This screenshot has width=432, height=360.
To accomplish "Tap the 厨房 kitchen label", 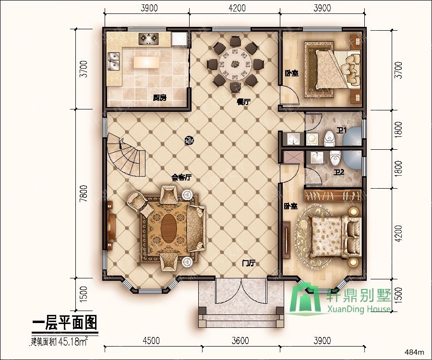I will (159, 98).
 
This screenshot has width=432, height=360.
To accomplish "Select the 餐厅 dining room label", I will (243, 102).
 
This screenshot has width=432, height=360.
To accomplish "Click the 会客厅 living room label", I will (181, 177).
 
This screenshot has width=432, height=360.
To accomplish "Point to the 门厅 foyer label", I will (249, 264).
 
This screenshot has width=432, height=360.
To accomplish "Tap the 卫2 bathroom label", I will (339, 172).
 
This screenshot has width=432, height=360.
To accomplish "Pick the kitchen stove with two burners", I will (149, 38).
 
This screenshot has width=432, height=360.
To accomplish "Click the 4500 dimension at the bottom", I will (151, 341).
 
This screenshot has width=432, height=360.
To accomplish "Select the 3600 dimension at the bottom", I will (240, 341).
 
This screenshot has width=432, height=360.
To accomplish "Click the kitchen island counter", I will (146, 63).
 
